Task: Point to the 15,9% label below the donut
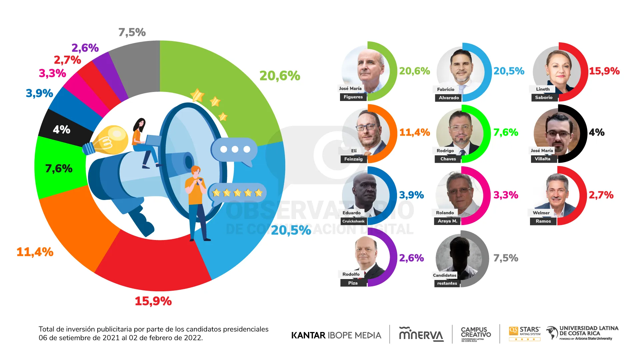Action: pos(153,301)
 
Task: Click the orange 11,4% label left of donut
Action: pos(35,252)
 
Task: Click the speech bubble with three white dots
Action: pos(234,150)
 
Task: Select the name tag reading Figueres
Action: pos(353,97)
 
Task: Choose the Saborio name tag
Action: pos(544,97)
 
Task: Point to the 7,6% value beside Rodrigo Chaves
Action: pos(506,132)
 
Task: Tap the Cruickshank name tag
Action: pos(353,221)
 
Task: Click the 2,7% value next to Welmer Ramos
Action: pos(601,195)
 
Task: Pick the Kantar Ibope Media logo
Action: pos(336,335)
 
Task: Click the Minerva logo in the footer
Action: pos(421,334)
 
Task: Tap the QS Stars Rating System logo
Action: pos(525,333)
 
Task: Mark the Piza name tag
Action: pos(353,283)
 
